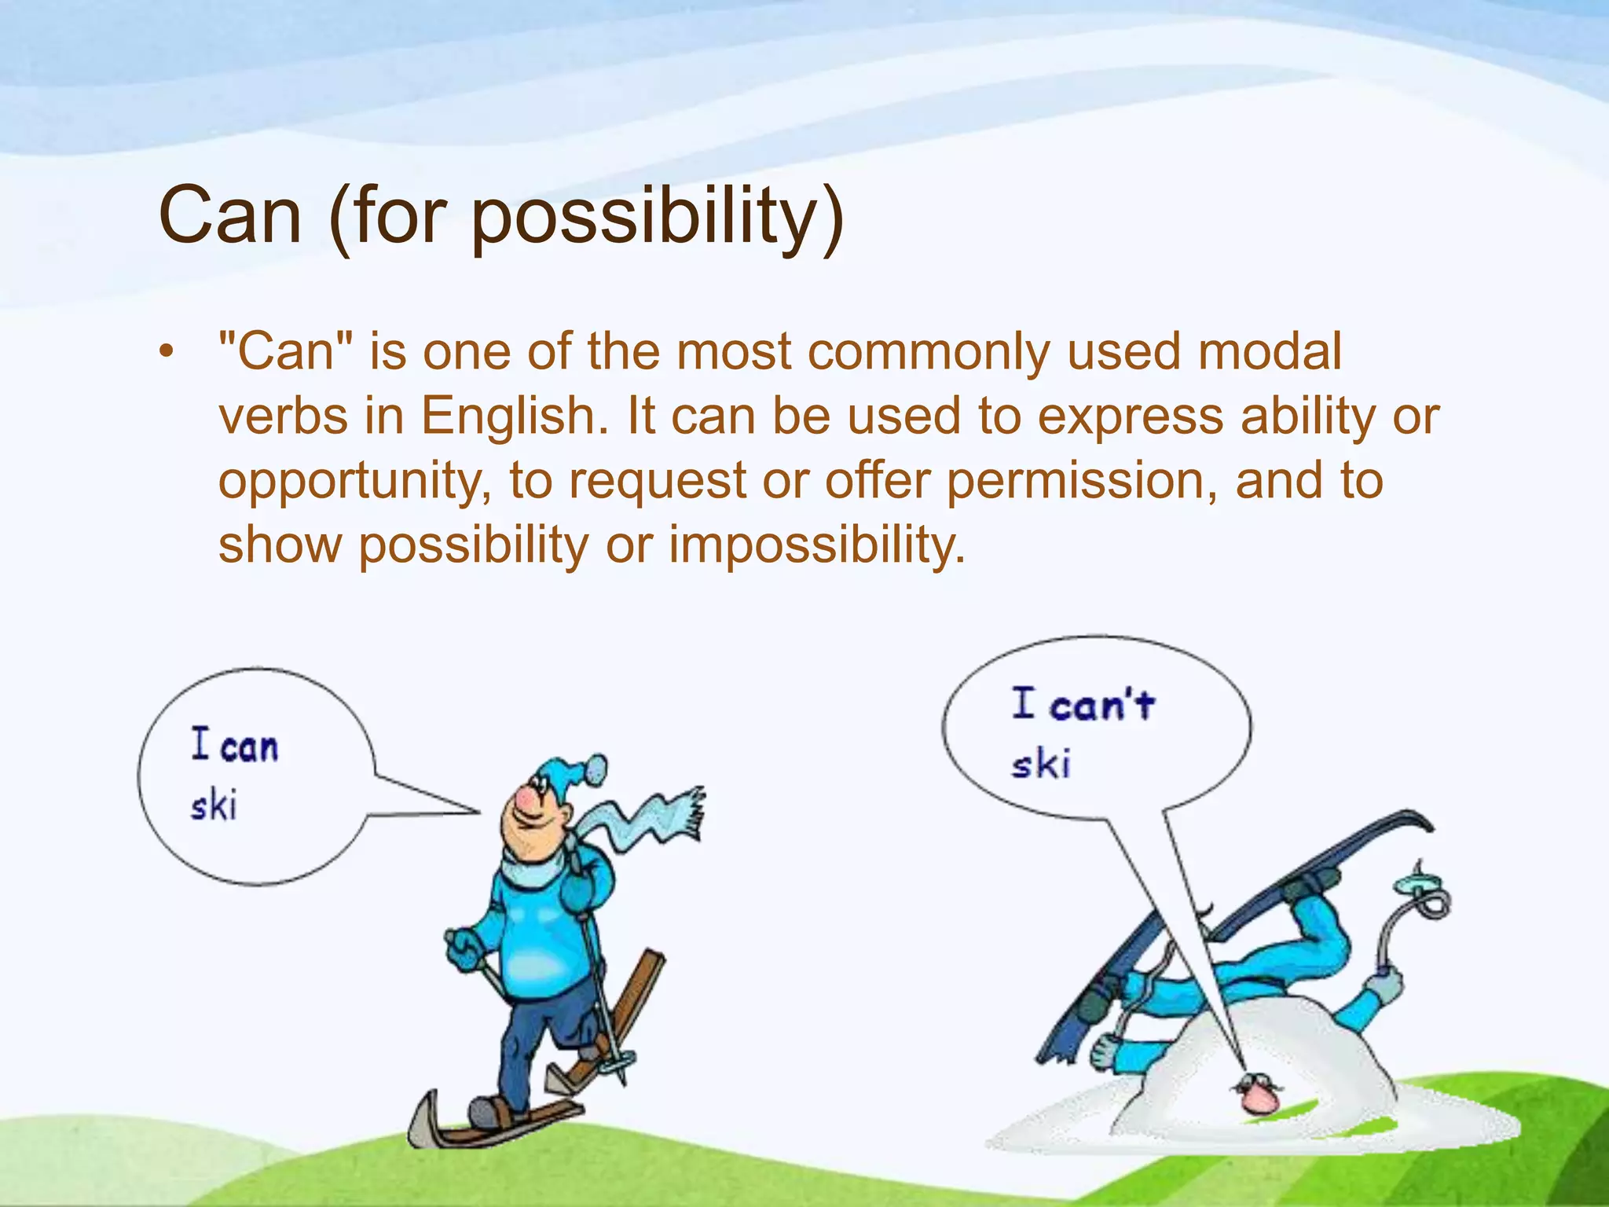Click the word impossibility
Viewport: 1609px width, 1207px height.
(x=817, y=545)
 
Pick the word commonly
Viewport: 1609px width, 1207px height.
(x=929, y=353)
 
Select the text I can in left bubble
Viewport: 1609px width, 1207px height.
(x=235, y=745)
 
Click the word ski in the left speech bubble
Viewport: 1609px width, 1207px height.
(x=214, y=805)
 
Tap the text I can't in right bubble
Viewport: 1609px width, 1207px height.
(x=1083, y=704)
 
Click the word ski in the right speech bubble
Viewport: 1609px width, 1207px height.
(x=1041, y=764)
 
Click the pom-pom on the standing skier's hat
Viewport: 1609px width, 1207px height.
(x=596, y=769)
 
